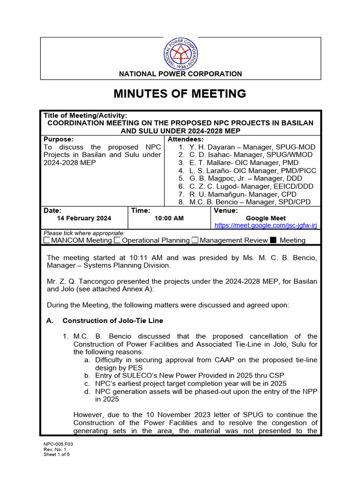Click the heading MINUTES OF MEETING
(x=180, y=94)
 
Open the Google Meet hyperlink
(x=266, y=225)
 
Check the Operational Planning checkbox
(x=118, y=240)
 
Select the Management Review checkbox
(x=195, y=240)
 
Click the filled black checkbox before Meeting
(x=273, y=240)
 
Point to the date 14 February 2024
(x=84, y=218)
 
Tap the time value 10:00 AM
(x=169, y=218)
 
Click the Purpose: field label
(x=58, y=139)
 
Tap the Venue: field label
(x=226, y=211)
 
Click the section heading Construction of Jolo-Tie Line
(x=112, y=321)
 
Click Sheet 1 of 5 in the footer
(x=57, y=454)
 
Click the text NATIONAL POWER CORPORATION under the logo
(x=180, y=74)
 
